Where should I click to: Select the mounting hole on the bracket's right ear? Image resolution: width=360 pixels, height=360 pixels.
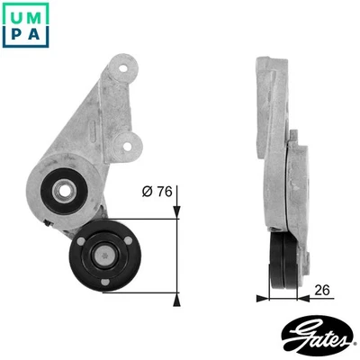pyautogui.click(x=134, y=142)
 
